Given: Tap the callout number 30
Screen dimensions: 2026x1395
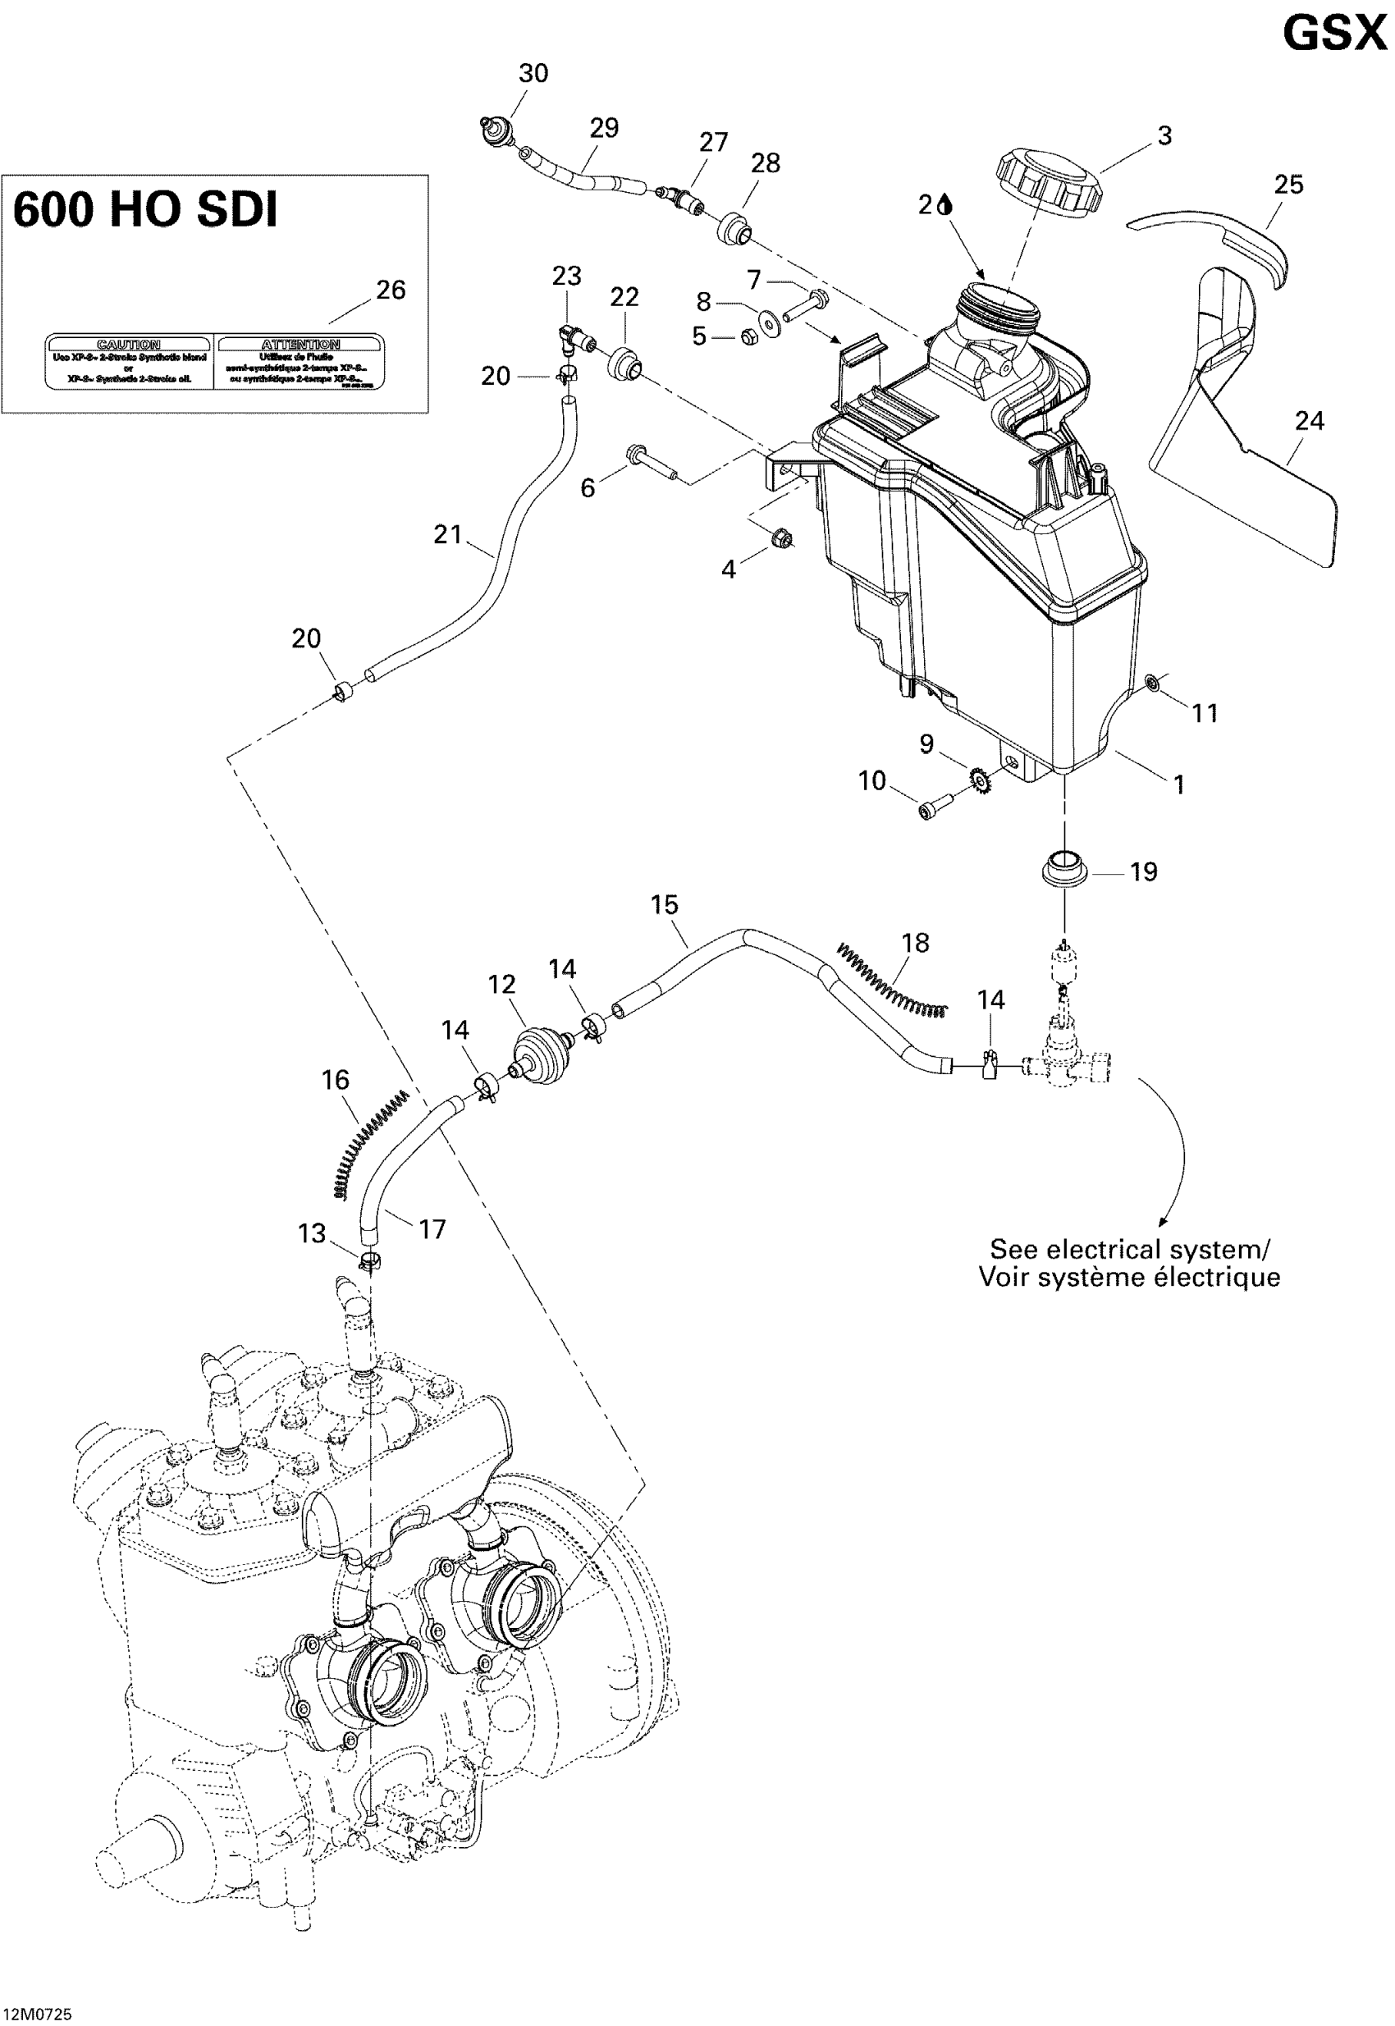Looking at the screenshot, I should coord(533,73).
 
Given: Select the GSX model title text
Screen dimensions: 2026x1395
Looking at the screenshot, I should coord(1333,35).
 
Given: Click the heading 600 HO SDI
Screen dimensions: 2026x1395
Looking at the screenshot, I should coord(145,211).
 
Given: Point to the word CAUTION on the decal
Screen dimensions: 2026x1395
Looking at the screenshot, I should coord(128,345).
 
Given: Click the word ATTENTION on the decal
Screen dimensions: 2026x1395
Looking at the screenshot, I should coord(300,345).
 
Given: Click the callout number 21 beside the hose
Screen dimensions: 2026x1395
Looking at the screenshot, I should coord(447,534).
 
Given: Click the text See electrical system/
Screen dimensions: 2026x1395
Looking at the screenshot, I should coord(1129,1249).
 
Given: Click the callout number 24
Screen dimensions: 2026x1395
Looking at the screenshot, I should coord(1309,421).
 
